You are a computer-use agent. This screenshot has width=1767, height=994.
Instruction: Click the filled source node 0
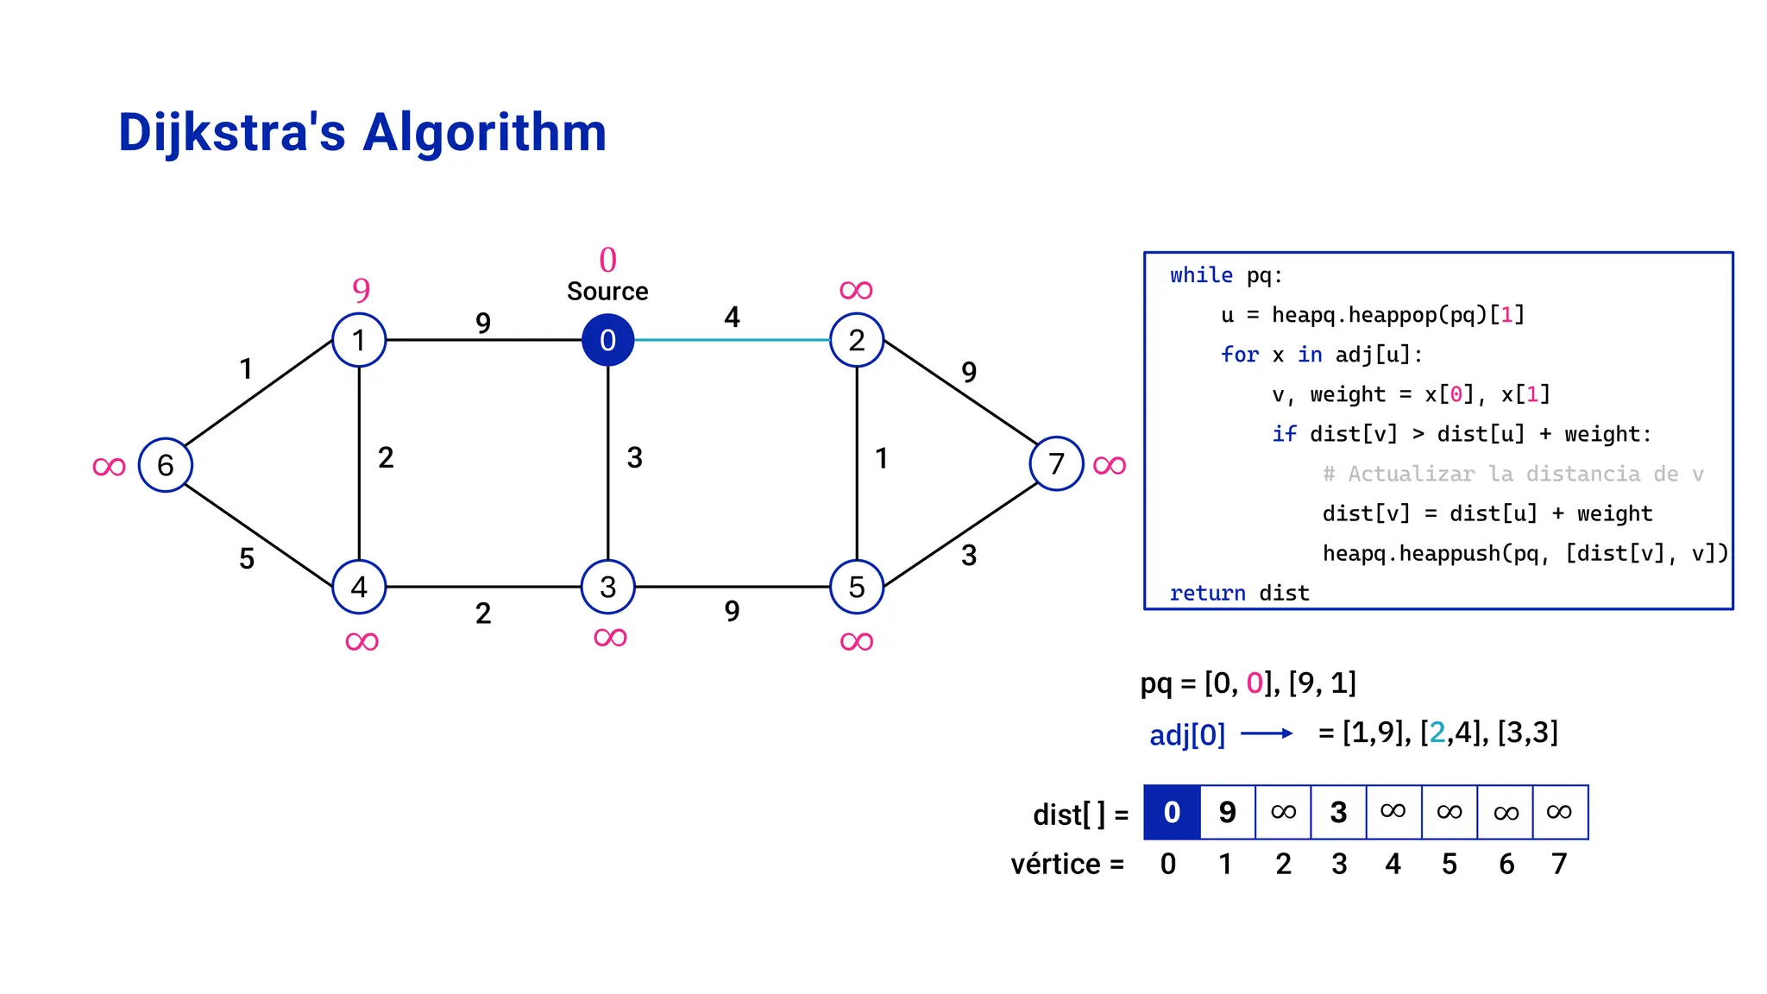607,340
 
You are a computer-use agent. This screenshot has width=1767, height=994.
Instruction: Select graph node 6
165,465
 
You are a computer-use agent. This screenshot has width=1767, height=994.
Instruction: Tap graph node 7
1056,464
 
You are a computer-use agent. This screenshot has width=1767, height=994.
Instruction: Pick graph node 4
359,587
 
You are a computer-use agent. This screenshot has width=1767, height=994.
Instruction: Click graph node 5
857,587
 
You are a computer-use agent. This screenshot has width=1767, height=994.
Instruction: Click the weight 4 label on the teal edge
732,317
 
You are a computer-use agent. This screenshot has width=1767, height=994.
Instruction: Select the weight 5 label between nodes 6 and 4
247,558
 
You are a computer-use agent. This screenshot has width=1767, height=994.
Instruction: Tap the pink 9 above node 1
361,289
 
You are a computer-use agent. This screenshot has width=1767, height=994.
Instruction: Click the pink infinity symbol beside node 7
1110,466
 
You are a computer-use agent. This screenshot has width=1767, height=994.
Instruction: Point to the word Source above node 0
607,292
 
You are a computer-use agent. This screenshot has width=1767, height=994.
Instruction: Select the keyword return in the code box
1207,593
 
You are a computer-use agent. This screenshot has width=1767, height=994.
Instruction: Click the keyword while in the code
1201,275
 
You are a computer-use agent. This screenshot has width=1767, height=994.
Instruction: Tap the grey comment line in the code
1512,474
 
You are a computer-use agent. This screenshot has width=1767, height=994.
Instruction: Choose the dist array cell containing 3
1338,812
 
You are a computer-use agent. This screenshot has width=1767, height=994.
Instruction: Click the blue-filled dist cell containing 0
1172,812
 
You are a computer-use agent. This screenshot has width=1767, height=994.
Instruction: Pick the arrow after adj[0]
1267,733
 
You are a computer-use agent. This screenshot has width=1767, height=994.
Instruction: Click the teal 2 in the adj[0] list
1437,733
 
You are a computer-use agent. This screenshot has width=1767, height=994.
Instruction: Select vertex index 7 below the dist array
1559,864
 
